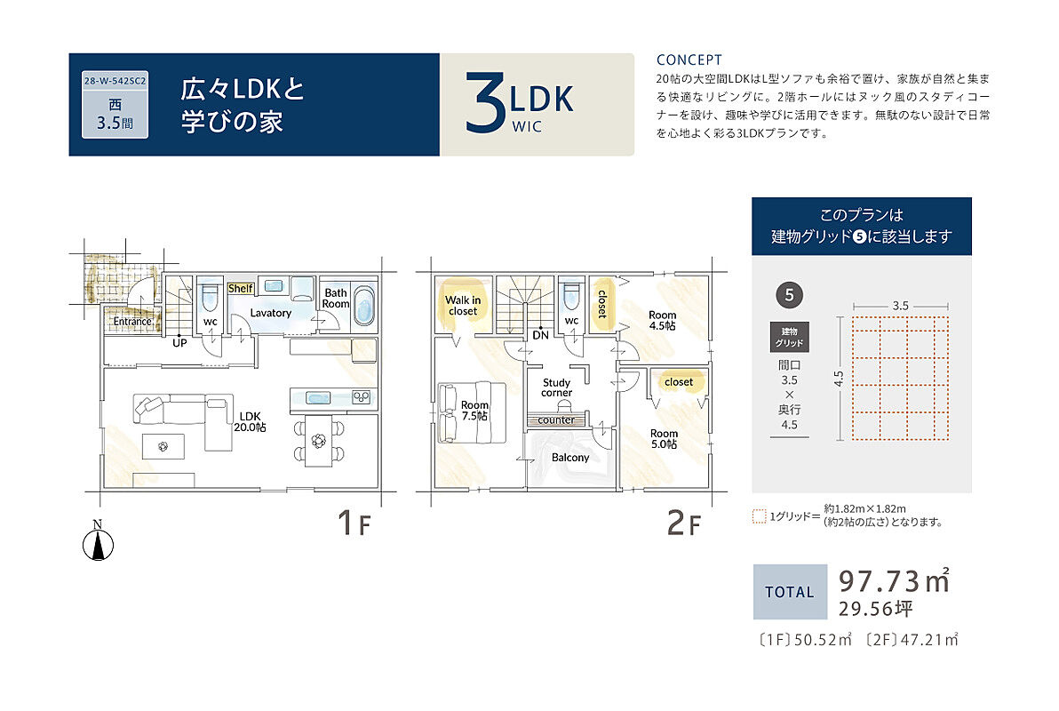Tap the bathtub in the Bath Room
tap(364, 306)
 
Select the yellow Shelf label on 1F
tap(241, 289)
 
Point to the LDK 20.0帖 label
tap(250, 422)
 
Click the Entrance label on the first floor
tap(132, 321)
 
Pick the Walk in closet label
tap(463, 306)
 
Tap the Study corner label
tap(556, 387)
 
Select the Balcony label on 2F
tap(570, 458)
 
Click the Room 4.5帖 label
tap(663, 320)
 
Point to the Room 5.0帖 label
tap(664, 439)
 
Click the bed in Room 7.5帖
tap(472, 413)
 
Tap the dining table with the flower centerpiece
tap(319, 441)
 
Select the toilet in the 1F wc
tap(210, 297)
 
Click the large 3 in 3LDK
tap(485, 102)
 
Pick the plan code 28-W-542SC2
tap(115, 80)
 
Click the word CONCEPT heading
tap(689, 60)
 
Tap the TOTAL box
tap(790, 592)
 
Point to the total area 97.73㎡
tap(895, 581)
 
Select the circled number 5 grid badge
tap(789, 295)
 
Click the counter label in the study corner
tap(556, 419)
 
